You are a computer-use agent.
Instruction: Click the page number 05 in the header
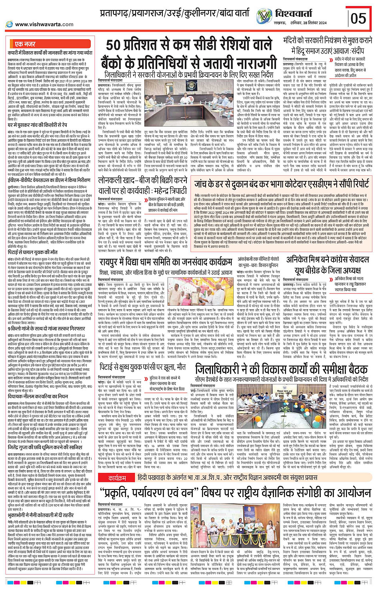[x=358, y=18]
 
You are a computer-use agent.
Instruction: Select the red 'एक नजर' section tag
[x=25, y=44]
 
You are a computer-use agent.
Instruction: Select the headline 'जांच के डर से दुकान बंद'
[x=282, y=184]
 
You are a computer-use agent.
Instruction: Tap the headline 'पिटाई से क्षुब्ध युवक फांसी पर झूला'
[x=142, y=366]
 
